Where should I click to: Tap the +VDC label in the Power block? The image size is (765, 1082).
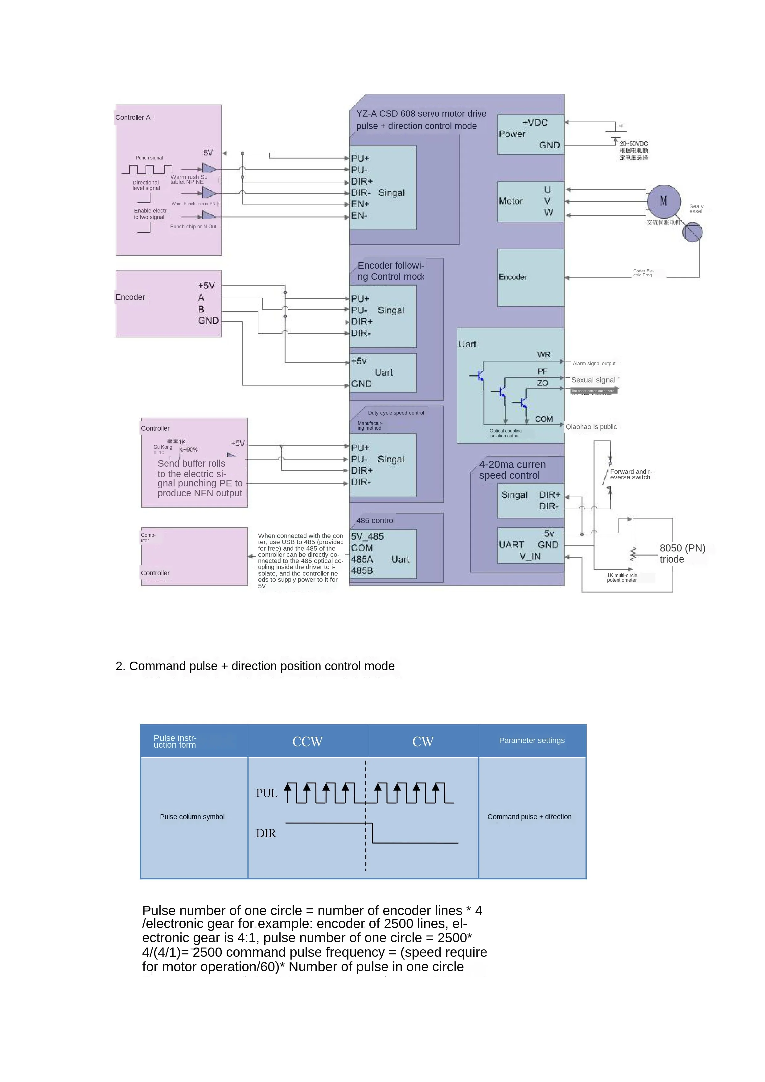pyautogui.click(x=535, y=122)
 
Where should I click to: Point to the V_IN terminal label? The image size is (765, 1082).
pyautogui.click(x=530, y=556)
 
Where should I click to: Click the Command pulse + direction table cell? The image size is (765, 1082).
pyautogui.click(x=529, y=817)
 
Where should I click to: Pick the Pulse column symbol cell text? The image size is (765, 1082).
pyautogui.click(x=192, y=817)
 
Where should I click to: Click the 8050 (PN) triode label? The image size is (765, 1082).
pyautogui.click(x=682, y=554)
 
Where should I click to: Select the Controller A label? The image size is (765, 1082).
pyautogui.click(x=133, y=117)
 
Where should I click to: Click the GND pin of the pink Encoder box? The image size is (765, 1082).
pyautogui.click(x=208, y=321)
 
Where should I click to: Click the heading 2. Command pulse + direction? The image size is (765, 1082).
pyautogui.click(x=255, y=666)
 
